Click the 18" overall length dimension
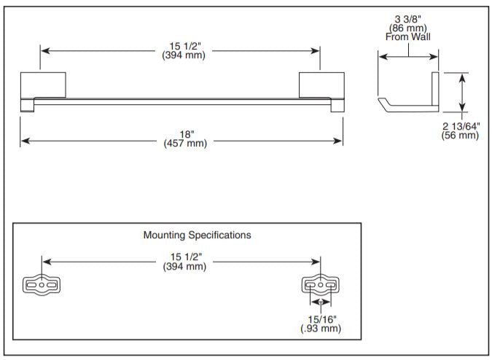(187, 134)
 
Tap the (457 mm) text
(187, 143)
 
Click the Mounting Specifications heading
(197, 235)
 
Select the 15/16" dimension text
(321, 318)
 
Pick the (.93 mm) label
(321, 329)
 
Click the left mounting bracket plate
(42, 285)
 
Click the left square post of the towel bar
(44, 85)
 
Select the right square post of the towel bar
(321, 85)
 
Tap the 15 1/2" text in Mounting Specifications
(184, 257)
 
